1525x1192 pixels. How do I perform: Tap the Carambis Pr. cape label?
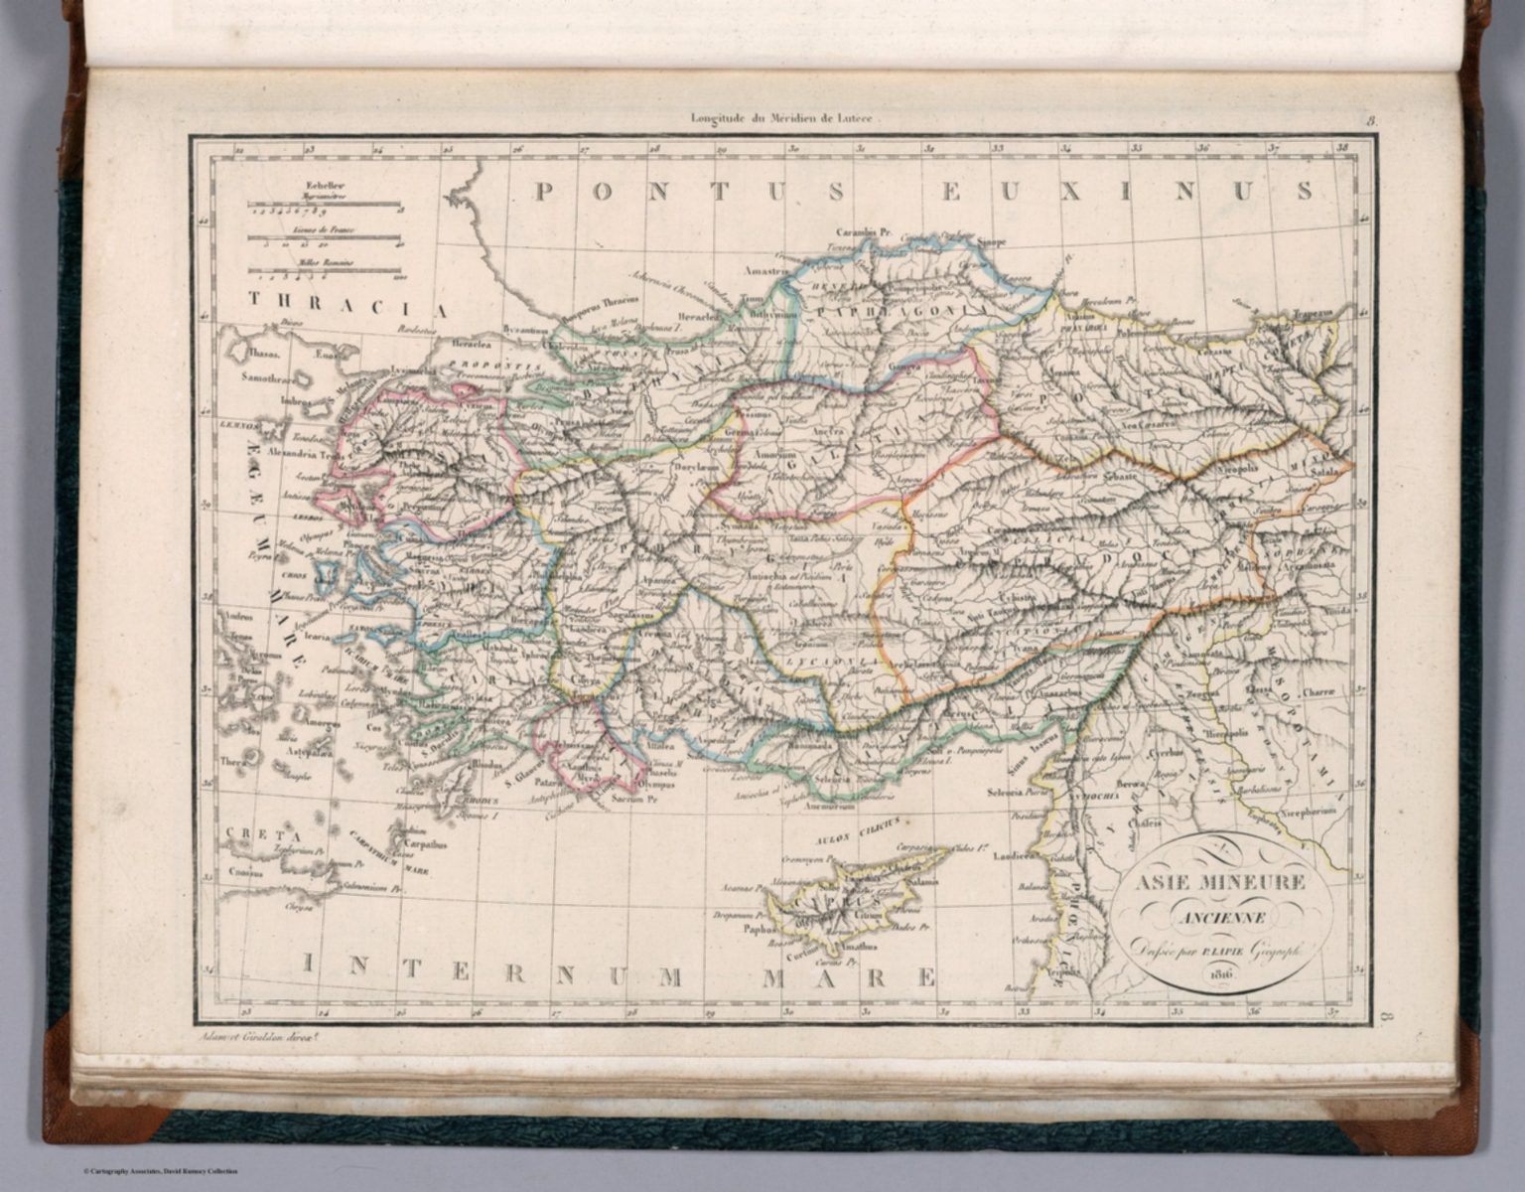[865, 231]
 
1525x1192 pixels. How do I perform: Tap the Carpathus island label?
[425, 846]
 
